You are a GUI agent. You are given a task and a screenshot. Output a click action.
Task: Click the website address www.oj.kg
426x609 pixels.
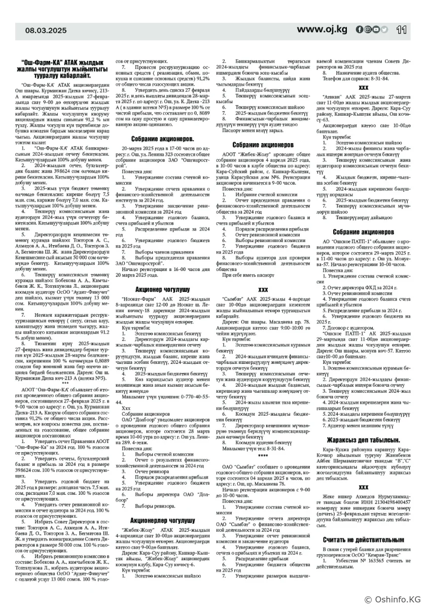[322, 29]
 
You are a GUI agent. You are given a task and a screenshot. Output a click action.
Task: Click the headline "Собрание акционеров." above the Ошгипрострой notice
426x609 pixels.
[162, 138]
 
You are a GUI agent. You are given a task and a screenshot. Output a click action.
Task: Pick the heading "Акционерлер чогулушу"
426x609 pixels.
[162, 520]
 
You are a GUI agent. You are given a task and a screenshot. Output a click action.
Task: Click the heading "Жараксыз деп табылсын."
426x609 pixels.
[363, 439]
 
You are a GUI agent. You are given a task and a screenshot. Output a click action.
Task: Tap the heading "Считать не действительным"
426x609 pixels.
[363, 539]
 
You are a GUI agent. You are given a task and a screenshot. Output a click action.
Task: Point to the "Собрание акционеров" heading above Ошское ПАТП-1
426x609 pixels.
[363, 232]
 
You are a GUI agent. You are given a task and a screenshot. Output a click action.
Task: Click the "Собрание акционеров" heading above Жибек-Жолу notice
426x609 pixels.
[263, 144]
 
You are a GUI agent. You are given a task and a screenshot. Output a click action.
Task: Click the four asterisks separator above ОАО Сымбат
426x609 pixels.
[263, 456]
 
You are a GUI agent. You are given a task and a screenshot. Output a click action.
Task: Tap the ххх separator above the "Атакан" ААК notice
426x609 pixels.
[363, 87]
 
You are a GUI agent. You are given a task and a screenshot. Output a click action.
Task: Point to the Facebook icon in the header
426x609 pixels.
[359, 30]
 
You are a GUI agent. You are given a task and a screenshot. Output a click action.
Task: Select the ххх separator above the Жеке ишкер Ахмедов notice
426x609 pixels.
[363, 487]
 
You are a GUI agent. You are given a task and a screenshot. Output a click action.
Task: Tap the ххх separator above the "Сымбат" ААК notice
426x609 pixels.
[263, 289]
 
